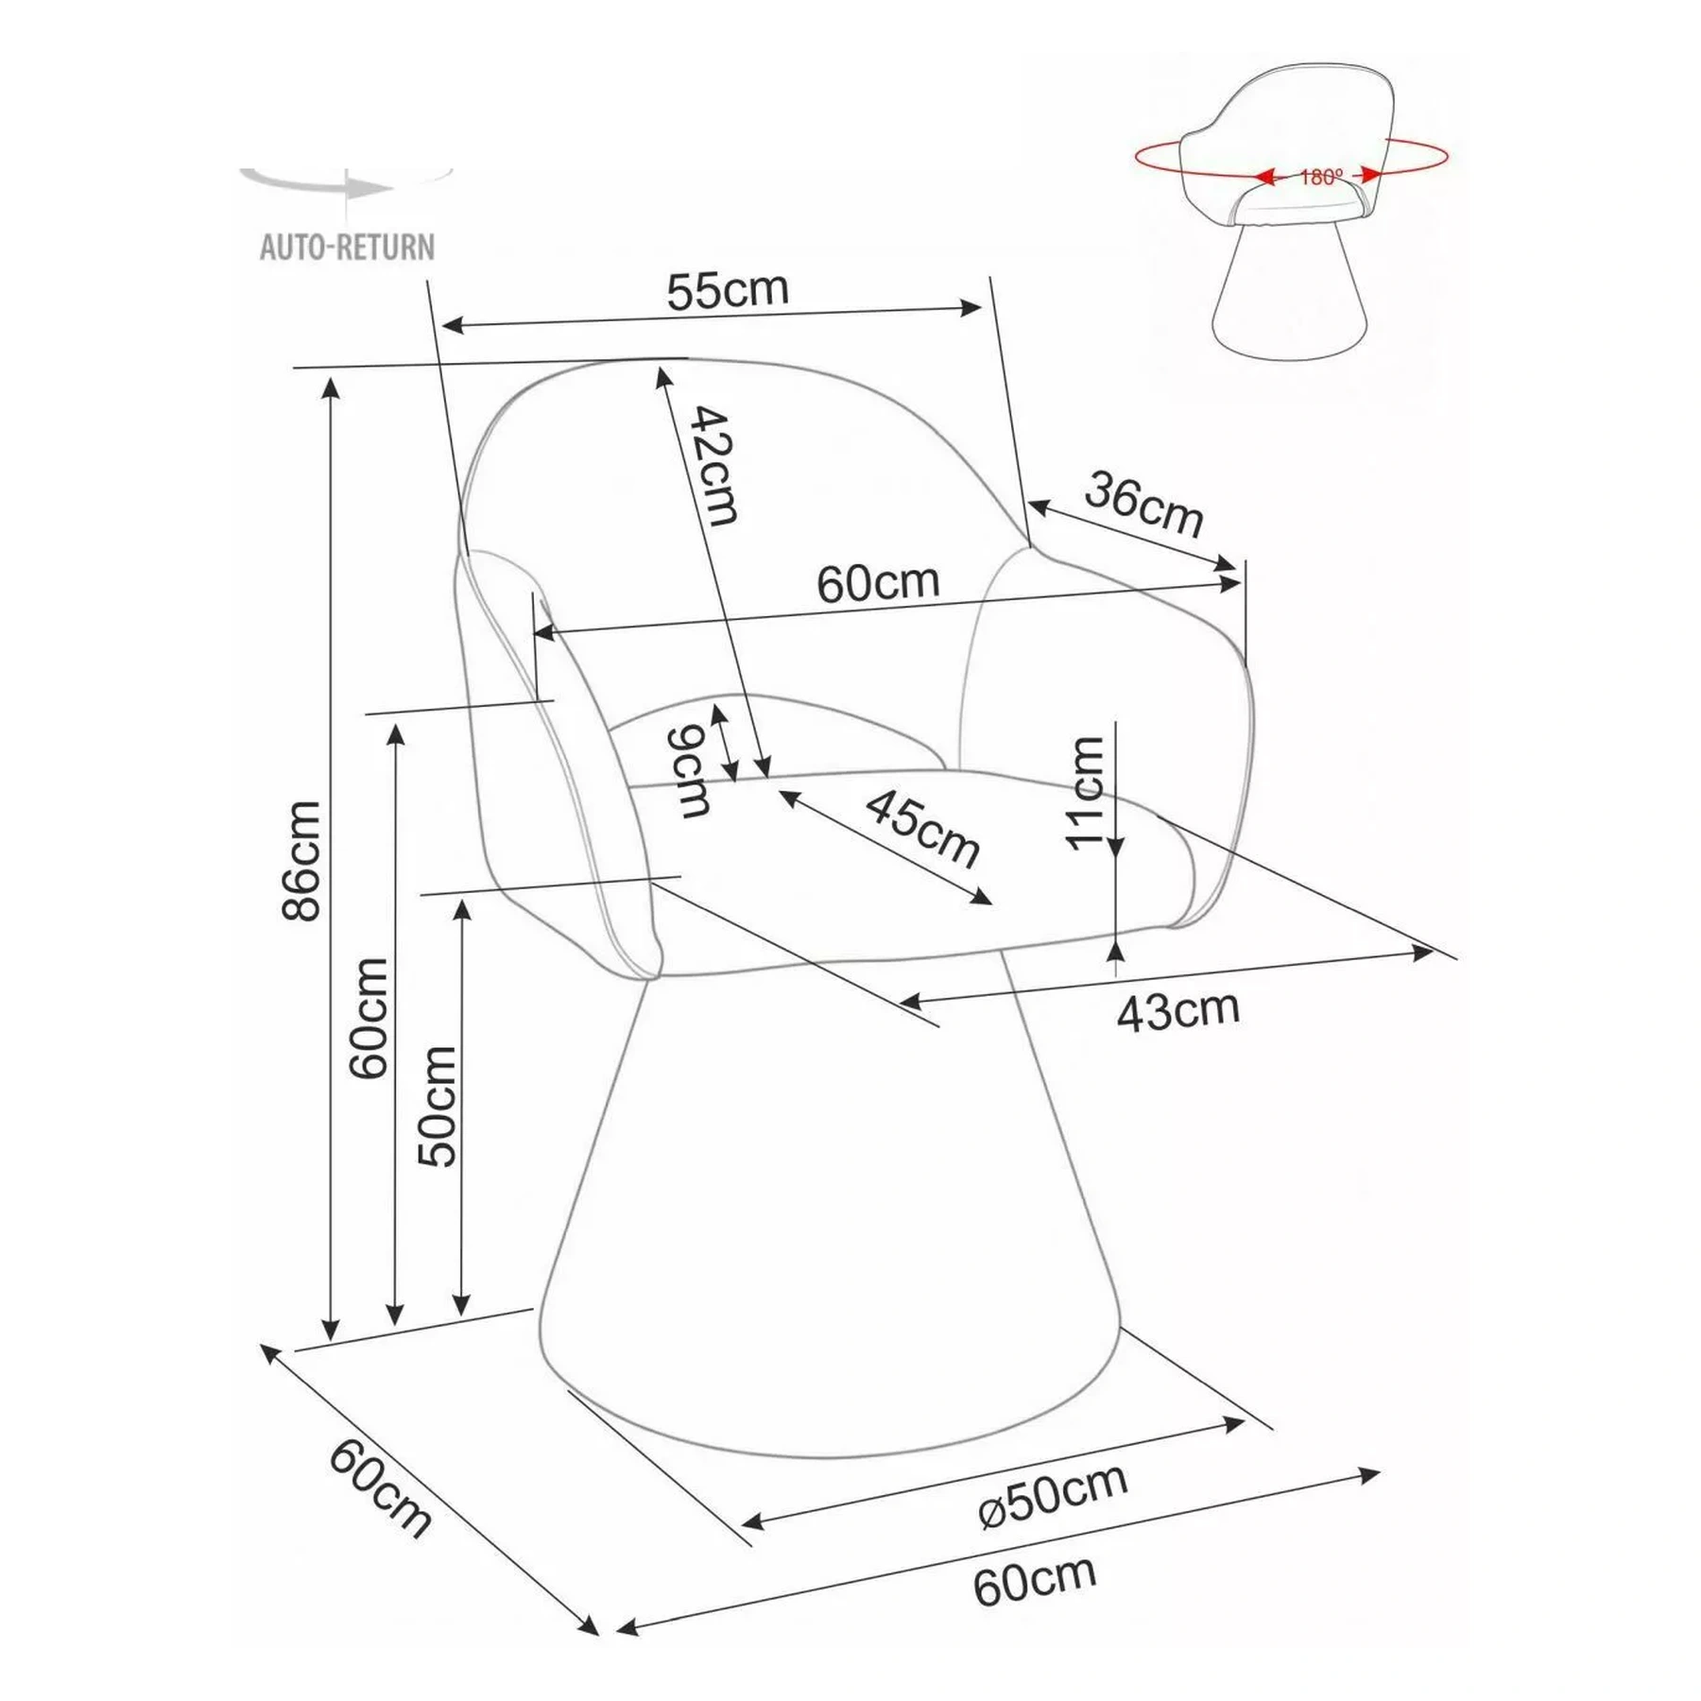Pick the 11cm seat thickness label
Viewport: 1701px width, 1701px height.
[x=1085, y=794]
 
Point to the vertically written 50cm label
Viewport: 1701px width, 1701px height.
[x=438, y=1107]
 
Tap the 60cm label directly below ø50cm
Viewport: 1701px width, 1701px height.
[x=1036, y=1580]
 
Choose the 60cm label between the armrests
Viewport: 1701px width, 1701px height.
[x=879, y=583]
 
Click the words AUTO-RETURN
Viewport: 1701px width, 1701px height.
[x=348, y=248]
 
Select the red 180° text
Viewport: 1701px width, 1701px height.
[x=1321, y=177]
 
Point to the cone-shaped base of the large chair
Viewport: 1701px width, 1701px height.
[x=829, y=1219]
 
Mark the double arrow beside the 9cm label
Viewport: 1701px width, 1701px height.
[x=726, y=743]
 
